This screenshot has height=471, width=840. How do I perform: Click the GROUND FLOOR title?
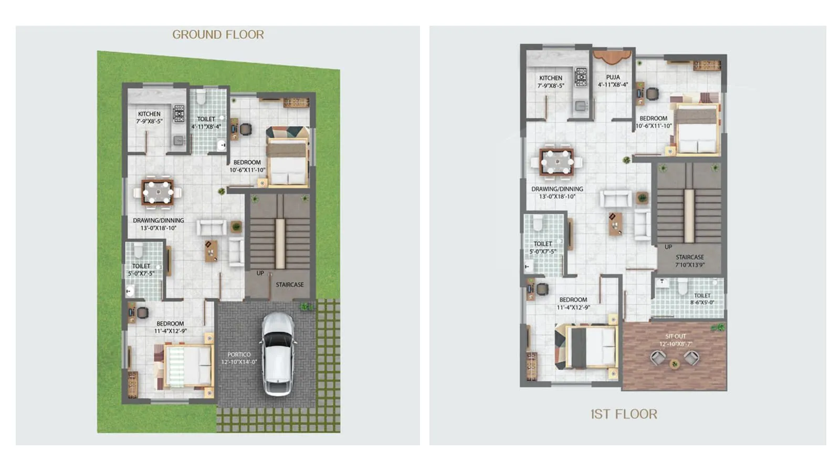pos(218,35)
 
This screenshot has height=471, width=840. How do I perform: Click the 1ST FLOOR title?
pos(623,414)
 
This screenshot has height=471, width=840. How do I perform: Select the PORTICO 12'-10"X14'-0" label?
pos(239,358)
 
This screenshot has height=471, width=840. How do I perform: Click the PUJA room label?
pos(613,80)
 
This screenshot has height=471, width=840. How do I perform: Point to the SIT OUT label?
pos(676,340)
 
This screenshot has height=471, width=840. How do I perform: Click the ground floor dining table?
pos(157,192)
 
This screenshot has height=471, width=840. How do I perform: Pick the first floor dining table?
pos(556,162)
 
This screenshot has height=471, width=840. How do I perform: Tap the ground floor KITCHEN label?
pos(149,117)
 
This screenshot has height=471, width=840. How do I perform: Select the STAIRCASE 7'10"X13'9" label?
pos(690,260)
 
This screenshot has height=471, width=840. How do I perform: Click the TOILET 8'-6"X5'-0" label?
pos(702,299)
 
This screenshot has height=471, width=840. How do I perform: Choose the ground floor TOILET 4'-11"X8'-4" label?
pos(206,122)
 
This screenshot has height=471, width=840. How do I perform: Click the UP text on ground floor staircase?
pos(260,273)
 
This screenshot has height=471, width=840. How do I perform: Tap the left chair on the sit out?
pos(658,358)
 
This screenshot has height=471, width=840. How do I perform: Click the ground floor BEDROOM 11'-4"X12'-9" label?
pos(170,327)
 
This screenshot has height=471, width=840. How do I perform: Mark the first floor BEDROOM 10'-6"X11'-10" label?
pos(654,122)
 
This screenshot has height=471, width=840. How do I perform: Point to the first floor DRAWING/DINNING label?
pos(557,192)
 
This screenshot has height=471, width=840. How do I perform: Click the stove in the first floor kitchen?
pos(581,77)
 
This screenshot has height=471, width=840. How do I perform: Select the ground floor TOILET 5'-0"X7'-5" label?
pos(141,269)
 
